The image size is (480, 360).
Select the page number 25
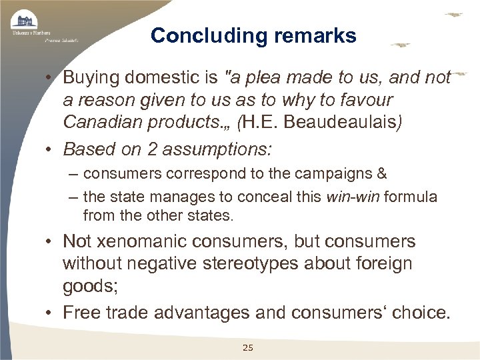[x=248, y=347]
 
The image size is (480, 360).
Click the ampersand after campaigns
[x=381, y=174]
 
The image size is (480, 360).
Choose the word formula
[x=411, y=197]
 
